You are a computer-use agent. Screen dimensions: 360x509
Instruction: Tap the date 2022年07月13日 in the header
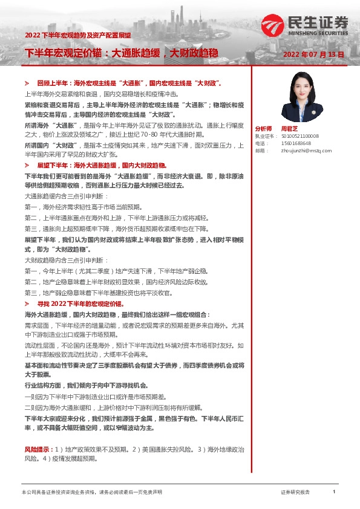[x=314, y=54]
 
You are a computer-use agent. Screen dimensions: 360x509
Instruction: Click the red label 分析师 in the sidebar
[x=264, y=128]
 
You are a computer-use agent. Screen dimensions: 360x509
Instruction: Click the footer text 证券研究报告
[x=295, y=492]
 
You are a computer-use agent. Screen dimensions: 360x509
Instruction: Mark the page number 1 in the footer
[x=334, y=492]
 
